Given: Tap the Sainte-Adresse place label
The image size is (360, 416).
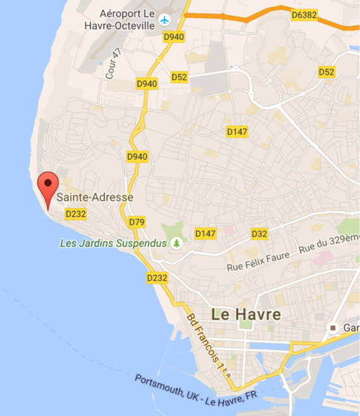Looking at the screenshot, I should point(95,198).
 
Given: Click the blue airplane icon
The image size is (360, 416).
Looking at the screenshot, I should point(165,20).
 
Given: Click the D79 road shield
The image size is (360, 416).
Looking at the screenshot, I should point(137,222).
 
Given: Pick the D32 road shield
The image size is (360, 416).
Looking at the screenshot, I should point(259,234).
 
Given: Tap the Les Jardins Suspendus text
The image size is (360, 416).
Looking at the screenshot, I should point(113,243).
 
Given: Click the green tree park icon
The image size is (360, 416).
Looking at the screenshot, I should point(177,243).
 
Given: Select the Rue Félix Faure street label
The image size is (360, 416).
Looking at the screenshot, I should point(258,262).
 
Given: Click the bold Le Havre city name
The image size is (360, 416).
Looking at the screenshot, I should point(246,313).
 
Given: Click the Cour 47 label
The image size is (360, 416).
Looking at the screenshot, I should point(114,64).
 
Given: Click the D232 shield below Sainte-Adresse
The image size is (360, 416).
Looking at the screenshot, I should point(75,214).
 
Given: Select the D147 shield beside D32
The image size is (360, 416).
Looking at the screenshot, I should point(206,234).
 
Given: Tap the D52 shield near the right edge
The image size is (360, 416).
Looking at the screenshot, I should point(326,72).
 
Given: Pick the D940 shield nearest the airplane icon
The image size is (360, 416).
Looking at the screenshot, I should point(173,37).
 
